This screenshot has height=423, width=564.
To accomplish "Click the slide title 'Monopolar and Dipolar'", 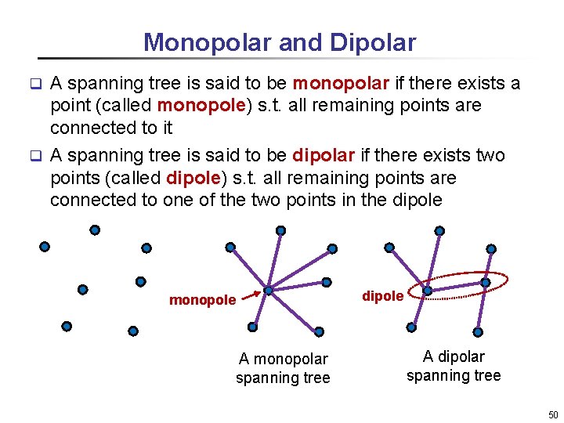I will [x=280, y=42].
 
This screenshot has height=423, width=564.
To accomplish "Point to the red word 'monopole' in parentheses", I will [x=199, y=105].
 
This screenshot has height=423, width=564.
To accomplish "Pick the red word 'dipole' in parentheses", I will [x=192, y=178].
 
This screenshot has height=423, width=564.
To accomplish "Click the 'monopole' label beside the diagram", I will [x=202, y=300].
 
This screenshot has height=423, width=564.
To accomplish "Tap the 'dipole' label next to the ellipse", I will [x=382, y=296].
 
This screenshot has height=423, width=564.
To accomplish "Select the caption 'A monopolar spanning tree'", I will [x=283, y=368].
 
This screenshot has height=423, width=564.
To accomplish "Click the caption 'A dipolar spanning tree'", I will [x=454, y=366].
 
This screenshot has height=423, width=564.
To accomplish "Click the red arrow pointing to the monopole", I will [x=248, y=295].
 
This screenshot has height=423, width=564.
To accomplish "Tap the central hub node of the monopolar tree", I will [x=268, y=291].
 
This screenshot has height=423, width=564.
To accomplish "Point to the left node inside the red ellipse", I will [x=427, y=291].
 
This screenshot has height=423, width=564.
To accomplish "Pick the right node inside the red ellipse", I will [x=486, y=282].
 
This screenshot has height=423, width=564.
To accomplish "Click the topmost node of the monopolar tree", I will [x=280, y=231].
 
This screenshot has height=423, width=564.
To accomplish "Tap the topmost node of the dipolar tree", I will [x=439, y=231].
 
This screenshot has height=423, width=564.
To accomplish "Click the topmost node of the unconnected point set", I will [x=95, y=230].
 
